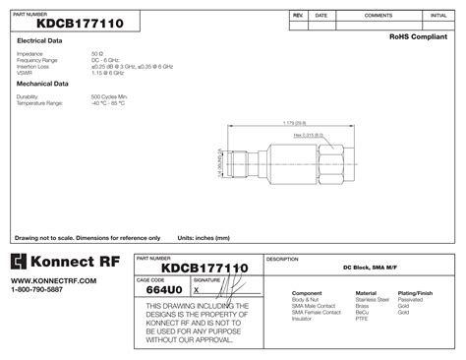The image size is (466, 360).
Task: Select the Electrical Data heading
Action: coord(40,40)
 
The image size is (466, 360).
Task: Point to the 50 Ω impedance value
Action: coord(96,53)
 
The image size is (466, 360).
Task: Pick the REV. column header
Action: coord(298,17)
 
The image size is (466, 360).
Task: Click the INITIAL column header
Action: coord(438,17)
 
